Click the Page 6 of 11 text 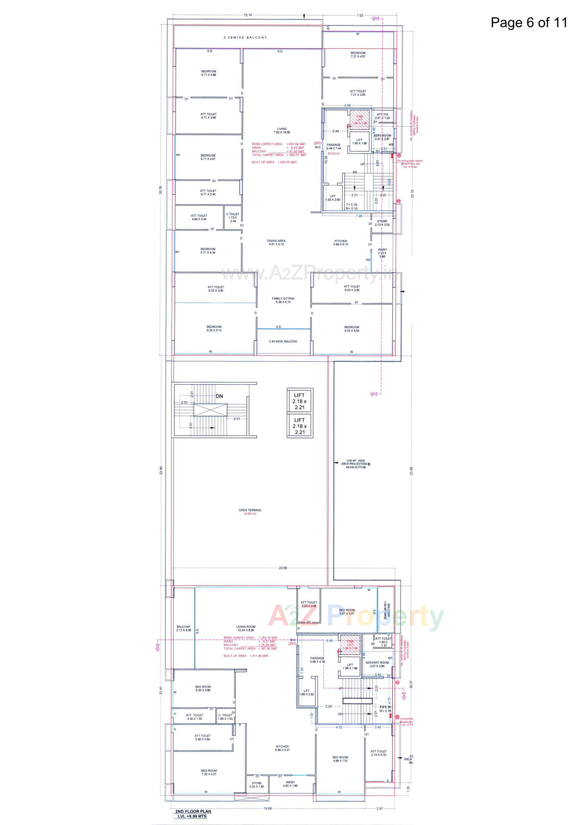(x=529, y=22)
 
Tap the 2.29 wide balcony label (x=245, y=37)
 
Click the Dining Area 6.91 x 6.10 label (x=276, y=242)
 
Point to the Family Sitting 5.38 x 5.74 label (x=283, y=300)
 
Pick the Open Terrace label (x=250, y=512)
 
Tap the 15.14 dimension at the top (x=248, y=15)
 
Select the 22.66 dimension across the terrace (x=283, y=568)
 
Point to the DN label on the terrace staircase (x=219, y=396)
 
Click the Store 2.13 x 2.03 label (x=382, y=223)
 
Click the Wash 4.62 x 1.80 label (x=290, y=784)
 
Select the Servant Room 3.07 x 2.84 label (x=377, y=664)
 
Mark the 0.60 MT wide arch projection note (x=355, y=464)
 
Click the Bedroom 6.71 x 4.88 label (x=209, y=73)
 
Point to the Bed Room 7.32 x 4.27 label (x=209, y=772)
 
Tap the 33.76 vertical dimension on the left (x=160, y=190)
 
